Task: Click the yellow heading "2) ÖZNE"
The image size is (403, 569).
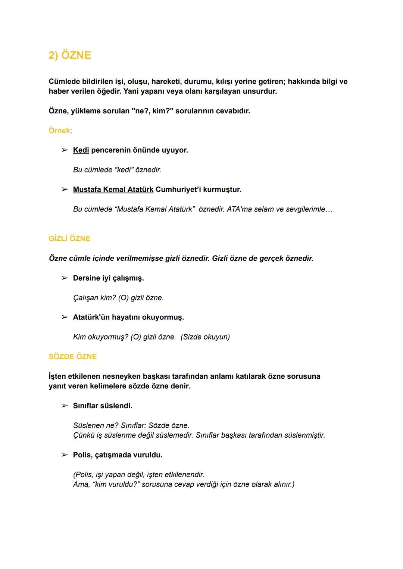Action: coord(70,55)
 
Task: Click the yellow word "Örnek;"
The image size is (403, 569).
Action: coord(60,131)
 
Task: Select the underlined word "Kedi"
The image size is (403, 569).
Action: coord(81,150)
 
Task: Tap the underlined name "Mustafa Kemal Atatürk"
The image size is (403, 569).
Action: coord(113,189)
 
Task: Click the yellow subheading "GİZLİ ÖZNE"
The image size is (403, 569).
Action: coord(69,238)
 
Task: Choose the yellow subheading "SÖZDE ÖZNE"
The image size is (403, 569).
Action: coord(72,356)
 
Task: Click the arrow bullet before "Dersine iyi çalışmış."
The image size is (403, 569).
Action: coord(65,278)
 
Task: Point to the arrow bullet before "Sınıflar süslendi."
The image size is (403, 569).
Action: coord(65,406)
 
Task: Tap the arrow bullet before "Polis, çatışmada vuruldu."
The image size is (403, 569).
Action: coord(65,455)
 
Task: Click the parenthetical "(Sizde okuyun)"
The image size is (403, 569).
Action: coord(205,337)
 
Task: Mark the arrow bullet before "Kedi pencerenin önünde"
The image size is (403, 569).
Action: coord(65,150)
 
